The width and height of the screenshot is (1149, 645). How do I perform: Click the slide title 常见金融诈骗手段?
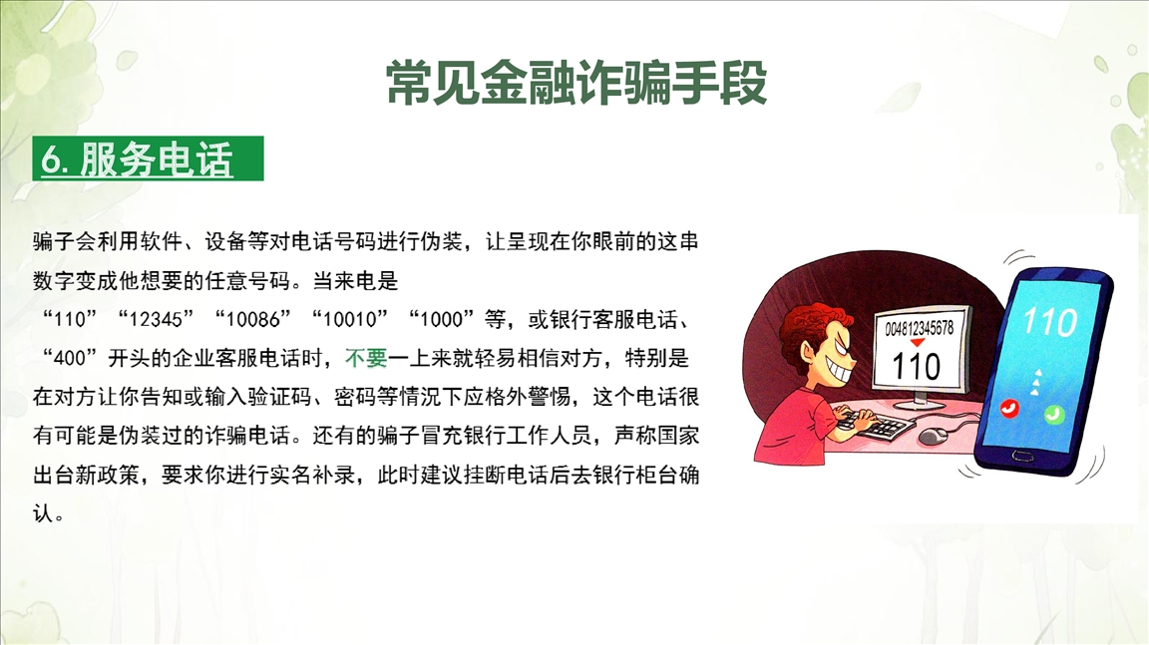click(x=575, y=83)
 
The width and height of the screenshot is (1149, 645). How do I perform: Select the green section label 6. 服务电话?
click(x=148, y=159)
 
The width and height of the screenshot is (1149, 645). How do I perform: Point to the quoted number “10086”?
click(x=252, y=319)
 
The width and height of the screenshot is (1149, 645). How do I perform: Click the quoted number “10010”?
click(x=349, y=319)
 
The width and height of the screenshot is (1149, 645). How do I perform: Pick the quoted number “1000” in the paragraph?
click(x=442, y=319)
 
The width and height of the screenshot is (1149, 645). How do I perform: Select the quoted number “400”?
click(x=71, y=358)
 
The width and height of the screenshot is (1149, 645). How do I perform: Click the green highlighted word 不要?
click(x=366, y=358)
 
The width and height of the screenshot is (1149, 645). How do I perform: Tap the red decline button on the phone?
click(x=1010, y=408)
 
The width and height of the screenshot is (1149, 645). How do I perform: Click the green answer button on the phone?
click(x=1053, y=415)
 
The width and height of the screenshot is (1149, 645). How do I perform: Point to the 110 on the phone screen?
click(x=1049, y=321)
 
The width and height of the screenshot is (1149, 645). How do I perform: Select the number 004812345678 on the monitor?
click(x=919, y=328)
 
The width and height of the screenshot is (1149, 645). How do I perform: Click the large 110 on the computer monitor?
click(x=916, y=365)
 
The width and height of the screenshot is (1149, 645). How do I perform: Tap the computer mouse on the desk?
click(x=933, y=437)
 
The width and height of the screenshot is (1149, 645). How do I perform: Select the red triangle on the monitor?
click(x=918, y=343)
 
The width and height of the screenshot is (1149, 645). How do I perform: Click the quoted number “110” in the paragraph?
click(x=71, y=319)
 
